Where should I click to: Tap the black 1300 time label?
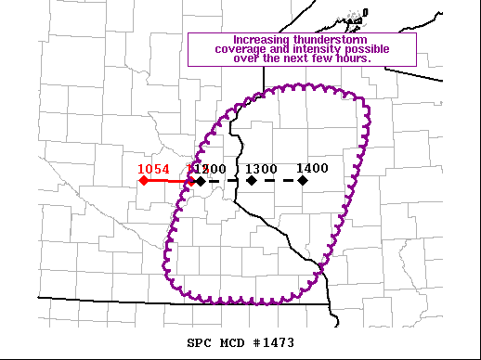point(262,169)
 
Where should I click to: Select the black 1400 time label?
point(313,168)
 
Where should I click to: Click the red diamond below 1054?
point(144,180)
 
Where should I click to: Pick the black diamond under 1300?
point(252,180)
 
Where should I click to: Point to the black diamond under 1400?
point(304,180)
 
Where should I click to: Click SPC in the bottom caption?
point(199,342)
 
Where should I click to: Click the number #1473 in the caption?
point(274,342)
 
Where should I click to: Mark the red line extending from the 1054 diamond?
point(167,181)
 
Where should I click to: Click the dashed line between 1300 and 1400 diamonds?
point(278,180)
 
